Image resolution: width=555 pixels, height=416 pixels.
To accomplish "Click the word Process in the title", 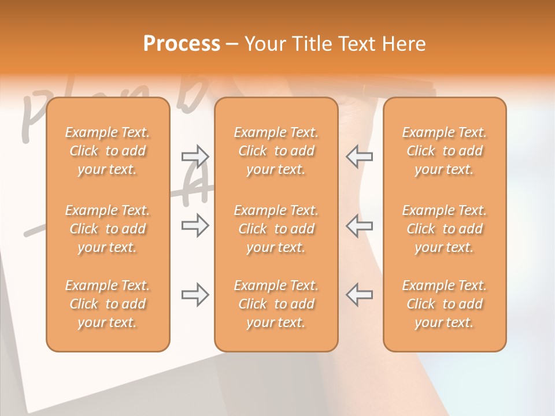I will [182, 44].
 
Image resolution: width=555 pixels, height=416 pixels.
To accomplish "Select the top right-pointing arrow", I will [195, 157].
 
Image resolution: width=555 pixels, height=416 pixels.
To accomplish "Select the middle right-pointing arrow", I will [195, 225].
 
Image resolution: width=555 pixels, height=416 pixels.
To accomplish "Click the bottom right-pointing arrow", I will [195, 295].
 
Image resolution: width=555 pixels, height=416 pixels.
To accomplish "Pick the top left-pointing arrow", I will [359, 157].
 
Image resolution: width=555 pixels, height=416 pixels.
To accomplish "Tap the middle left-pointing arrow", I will [359, 225].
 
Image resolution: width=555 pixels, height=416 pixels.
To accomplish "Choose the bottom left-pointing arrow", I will [359, 295].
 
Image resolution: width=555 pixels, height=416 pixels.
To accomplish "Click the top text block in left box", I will [108, 151].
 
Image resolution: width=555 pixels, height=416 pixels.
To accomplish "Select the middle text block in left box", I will [108, 229].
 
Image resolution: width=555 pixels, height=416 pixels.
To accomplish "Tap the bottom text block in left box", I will [108, 304].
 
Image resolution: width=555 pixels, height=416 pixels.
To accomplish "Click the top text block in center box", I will [276, 151].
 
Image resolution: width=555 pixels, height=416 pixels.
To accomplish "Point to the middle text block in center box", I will [276, 229].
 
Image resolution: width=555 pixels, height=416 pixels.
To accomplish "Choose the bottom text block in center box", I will [276, 304].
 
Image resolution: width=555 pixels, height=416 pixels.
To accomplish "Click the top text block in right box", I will [444, 151].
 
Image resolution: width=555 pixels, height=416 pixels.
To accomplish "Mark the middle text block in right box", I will [444, 229].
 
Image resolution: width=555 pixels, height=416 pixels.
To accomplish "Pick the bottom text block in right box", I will [444, 304].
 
